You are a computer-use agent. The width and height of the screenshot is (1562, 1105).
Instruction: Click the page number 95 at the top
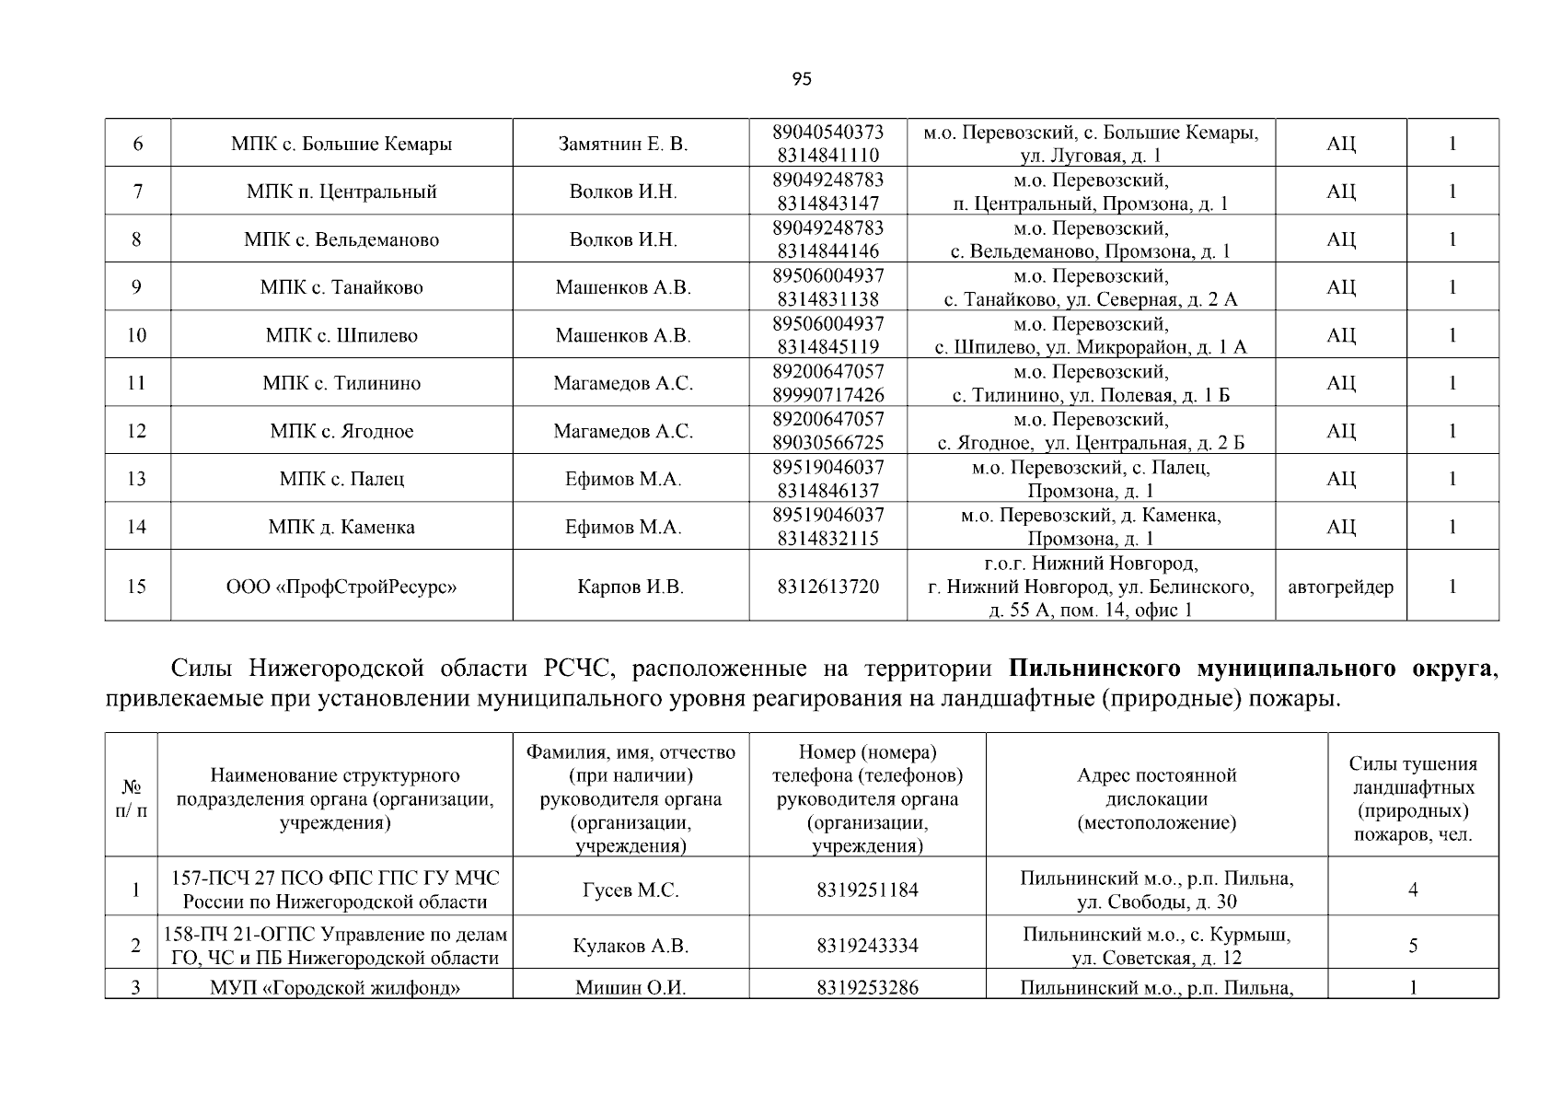(x=801, y=79)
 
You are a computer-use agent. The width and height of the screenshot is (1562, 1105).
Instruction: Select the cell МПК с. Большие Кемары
(x=341, y=145)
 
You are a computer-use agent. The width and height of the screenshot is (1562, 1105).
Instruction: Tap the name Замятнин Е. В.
(x=623, y=145)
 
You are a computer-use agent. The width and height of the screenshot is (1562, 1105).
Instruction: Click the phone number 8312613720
(x=827, y=587)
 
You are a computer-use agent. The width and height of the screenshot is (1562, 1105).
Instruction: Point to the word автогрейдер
(x=1340, y=587)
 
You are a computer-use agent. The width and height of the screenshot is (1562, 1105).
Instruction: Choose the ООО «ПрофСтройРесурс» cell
(x=341, y=587)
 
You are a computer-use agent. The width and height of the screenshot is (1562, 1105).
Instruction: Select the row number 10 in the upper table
(x=136, y=335)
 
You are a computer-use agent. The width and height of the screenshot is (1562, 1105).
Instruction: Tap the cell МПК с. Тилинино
(x=341, y=383)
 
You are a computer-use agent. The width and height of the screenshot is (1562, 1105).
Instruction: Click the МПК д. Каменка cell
(x=341, y=527)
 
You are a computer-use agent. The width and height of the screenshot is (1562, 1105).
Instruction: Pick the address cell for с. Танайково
(x=1091, y=287)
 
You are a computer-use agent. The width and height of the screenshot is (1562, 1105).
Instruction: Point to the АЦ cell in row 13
(x=1340, y=479)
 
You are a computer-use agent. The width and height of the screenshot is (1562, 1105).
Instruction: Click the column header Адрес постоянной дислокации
(x=1156, y=798)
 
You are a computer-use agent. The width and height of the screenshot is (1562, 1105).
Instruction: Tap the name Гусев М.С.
(x=631, y=890)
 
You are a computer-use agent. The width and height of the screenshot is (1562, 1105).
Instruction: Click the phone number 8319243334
(x=866, y=946)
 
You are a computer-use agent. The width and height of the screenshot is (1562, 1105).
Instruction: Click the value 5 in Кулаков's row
(x=1412, y=946)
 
